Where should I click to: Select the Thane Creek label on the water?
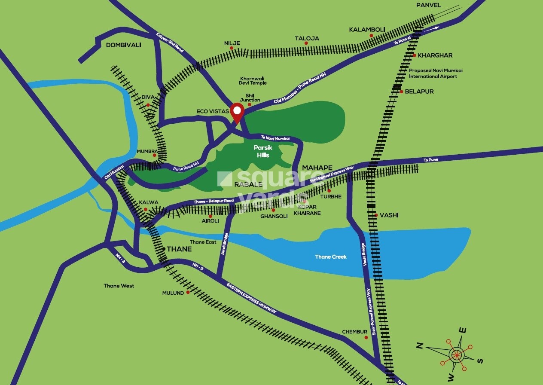(x=331, y=257)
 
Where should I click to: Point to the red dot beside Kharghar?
(x=415, y=55)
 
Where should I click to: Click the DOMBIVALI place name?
(x=123, y=45)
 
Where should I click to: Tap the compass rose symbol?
(x=456, y=354)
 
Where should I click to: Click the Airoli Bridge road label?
(x=223, y=244)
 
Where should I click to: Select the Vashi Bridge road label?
(x=364, y=255)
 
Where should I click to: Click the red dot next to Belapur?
(x=401, y=92)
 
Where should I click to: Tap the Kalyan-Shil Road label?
(x=170, y=42)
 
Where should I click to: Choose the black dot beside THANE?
(x=164, y=249)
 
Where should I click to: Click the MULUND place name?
(x=173, y=293)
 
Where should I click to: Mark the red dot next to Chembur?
(x=366, y=337)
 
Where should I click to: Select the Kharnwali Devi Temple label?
(x=253, y=81)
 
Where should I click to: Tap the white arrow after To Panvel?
(x=436, y=28)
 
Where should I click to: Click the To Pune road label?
(x=431, y=160)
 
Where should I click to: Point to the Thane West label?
(x=119, y=286)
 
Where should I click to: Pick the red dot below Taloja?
(x=306, y=43)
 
